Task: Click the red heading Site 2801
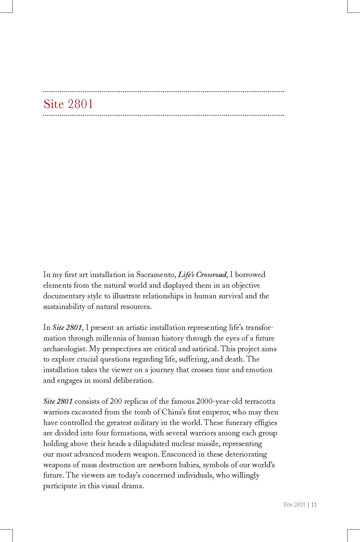point(68,104)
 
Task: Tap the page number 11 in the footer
point(314,505)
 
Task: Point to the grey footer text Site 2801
point(294,505)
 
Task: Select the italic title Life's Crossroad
point(202,275)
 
